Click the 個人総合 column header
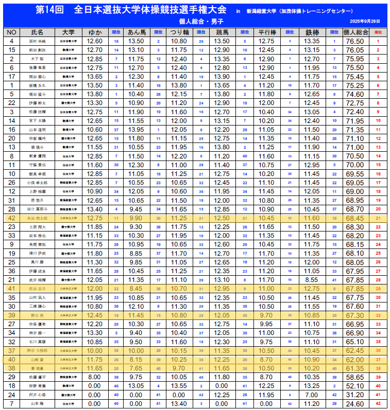coord(355,32)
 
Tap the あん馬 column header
coord(138,32)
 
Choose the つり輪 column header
coord(179,32)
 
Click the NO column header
coord(11,32)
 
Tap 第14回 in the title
coord(50,10)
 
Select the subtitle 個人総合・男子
coord(195,21)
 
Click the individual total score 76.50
coord(355,41)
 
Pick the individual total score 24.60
coord(355,403)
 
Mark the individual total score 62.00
coord(355,359)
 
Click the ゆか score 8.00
coord(95,377)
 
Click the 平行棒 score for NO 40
coord(266,359)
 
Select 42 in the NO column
coord(11,218)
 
